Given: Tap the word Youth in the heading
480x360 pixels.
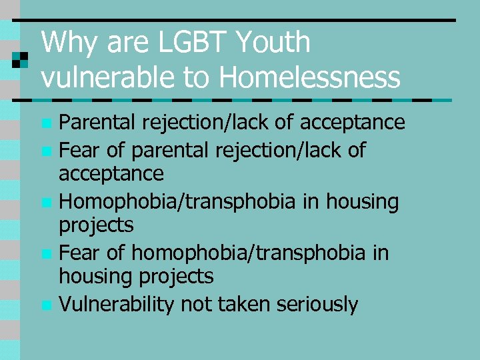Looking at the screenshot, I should click(274, 43).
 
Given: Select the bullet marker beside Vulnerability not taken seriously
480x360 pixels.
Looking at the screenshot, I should click(45, 306).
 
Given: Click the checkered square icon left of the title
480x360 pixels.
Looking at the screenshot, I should click(21, 59).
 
